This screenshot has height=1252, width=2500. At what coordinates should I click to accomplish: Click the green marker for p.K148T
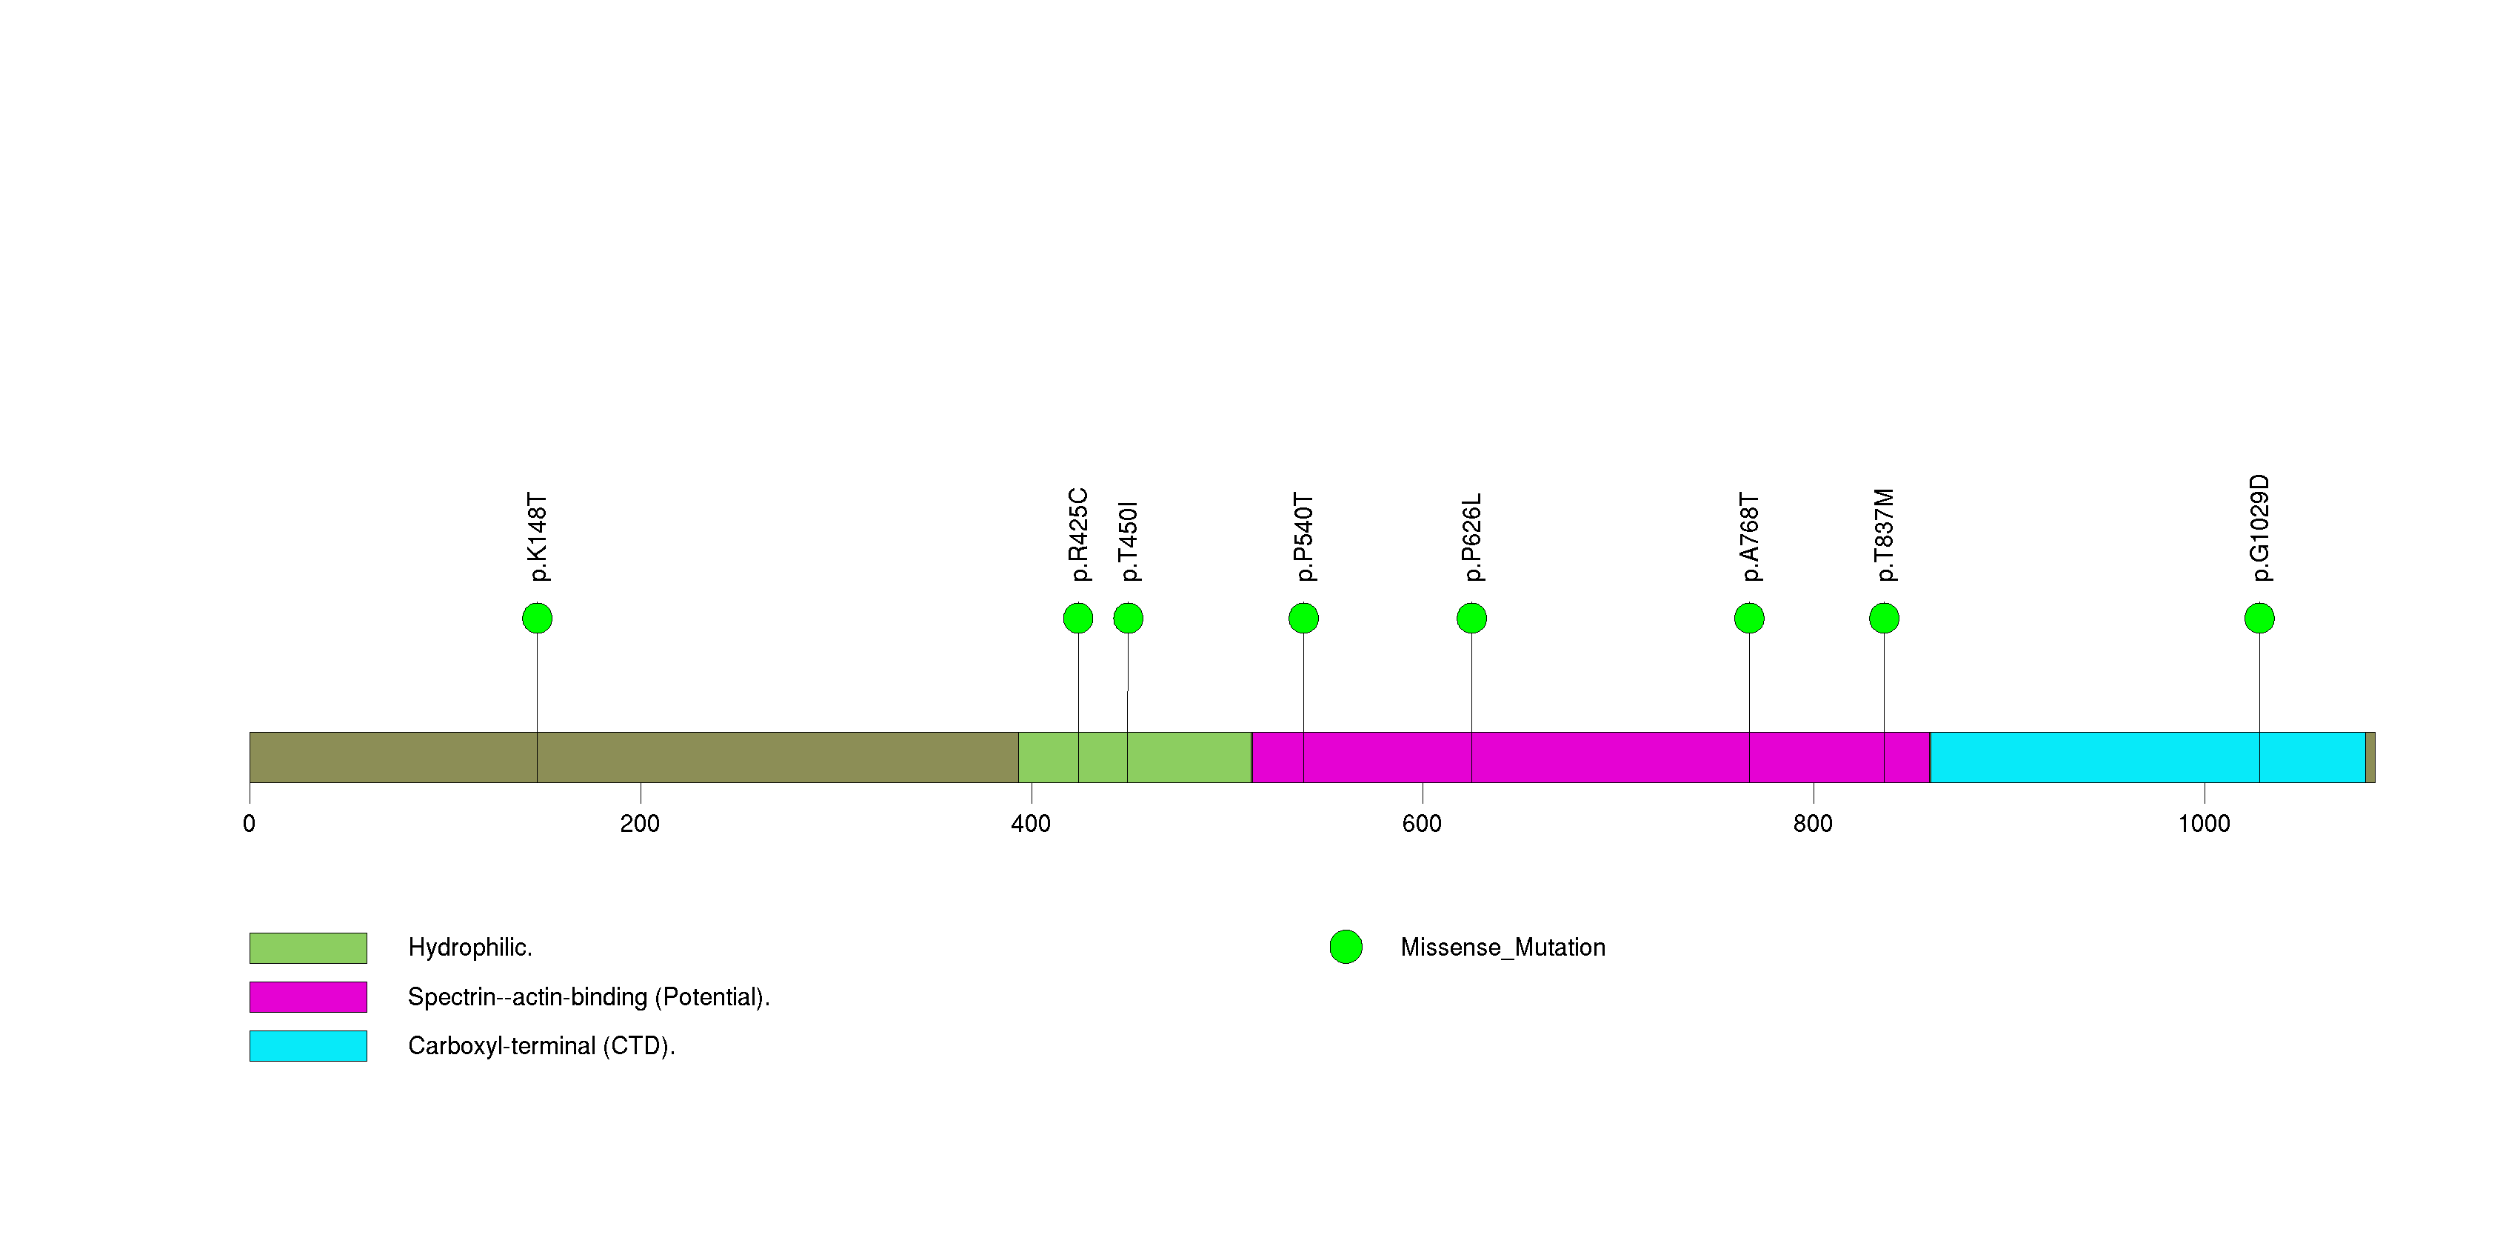pos(537,619)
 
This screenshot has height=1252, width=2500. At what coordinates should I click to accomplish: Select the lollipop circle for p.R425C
pos(1077,619)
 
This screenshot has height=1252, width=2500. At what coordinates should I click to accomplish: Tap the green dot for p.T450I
pos(1128,619)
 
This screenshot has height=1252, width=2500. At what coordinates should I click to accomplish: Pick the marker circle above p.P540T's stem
pos(1303,619)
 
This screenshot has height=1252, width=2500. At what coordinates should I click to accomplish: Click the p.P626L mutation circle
pos(1471,619)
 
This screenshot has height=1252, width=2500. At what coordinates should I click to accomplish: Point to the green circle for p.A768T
pos(1749,619)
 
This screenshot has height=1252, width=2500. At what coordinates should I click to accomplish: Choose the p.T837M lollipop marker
pos(1884,619)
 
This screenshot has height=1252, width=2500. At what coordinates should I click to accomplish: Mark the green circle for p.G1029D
pos(2259,619)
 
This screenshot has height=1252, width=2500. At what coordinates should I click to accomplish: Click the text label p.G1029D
pos(2259,528)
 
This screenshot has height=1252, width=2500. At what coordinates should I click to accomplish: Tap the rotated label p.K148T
pos(537,536)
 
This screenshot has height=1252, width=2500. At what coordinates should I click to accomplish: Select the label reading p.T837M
pos(1884,535)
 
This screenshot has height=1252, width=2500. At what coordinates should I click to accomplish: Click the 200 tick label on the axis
pos(640,824)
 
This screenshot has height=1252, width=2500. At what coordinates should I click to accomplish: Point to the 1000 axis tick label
pos(2204,824)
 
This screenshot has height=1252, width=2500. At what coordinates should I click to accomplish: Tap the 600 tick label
pos(1422,824)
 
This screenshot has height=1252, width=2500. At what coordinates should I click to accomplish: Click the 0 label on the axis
pos(250,824)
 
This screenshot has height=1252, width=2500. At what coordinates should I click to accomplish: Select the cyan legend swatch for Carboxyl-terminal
pos(307,1046)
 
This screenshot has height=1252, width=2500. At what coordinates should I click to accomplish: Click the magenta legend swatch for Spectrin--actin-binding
pos(307,996)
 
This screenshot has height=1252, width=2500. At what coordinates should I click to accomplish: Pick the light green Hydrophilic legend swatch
pos(307,948)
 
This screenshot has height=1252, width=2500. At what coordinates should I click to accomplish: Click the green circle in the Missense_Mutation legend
pos(1345,948)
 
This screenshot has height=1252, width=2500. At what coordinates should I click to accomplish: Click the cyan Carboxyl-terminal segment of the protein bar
pos(2147,757)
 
